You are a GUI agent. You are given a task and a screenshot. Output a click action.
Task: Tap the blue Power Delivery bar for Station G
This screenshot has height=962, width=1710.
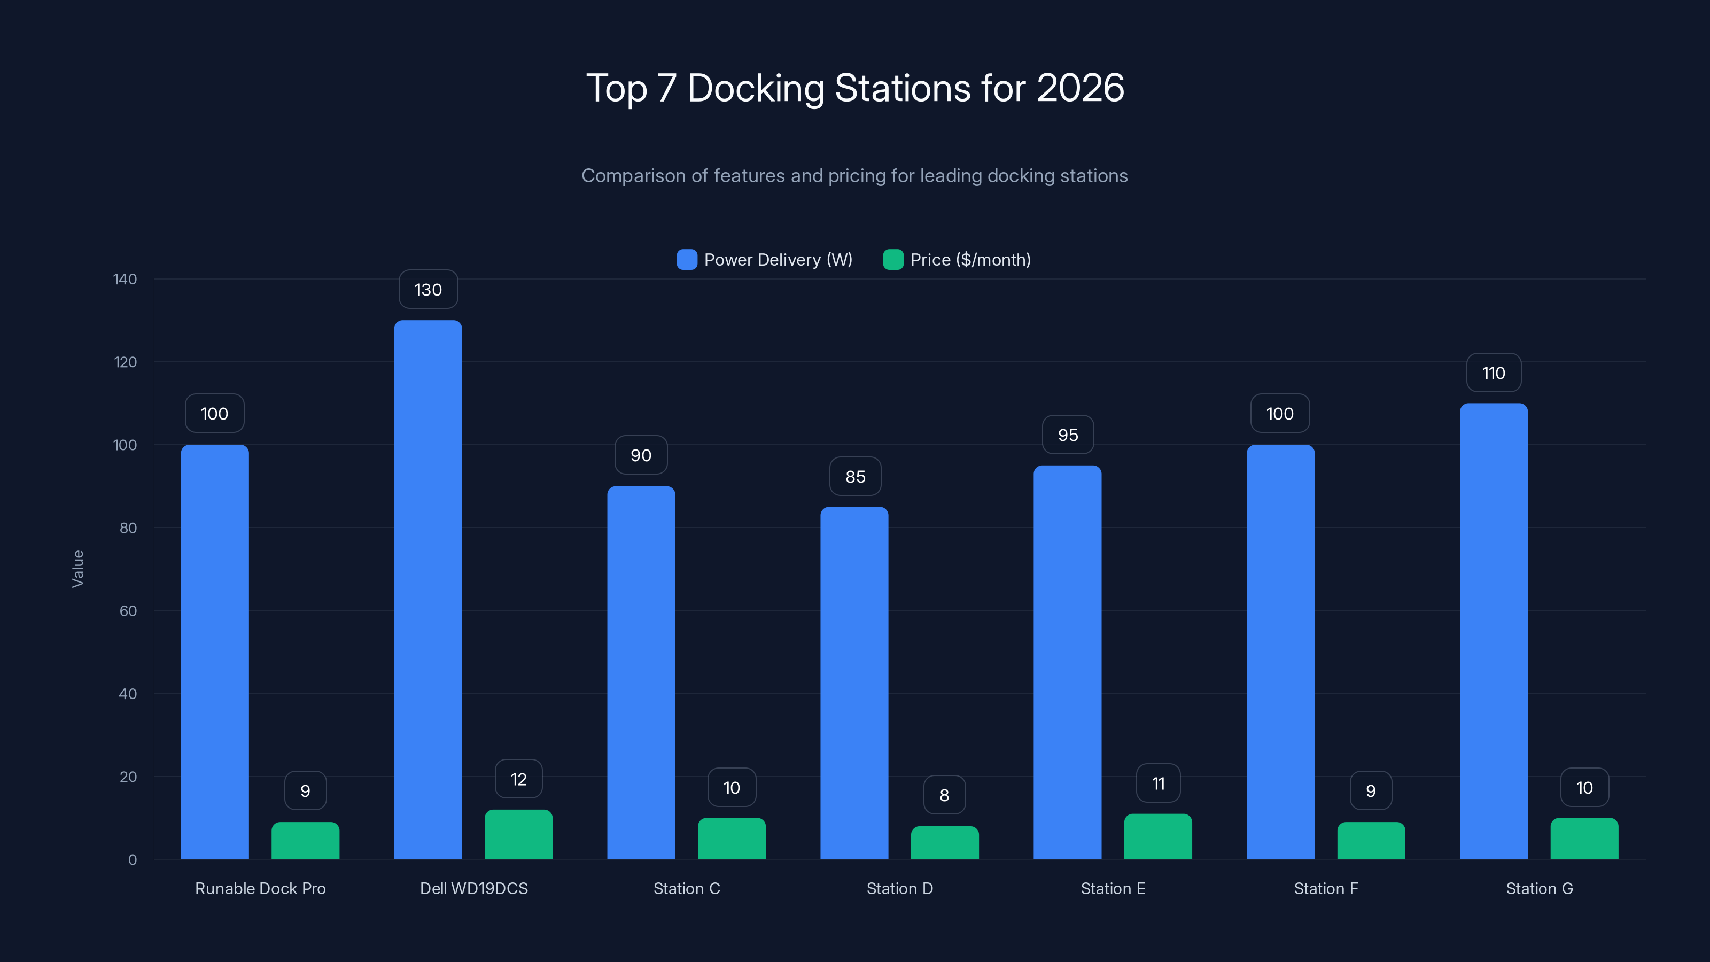1493,631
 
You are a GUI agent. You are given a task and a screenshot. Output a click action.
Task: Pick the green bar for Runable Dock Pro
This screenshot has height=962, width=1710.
305,841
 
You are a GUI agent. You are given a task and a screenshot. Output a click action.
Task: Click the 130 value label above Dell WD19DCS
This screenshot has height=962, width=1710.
428,290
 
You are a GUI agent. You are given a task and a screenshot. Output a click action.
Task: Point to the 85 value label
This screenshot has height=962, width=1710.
855,477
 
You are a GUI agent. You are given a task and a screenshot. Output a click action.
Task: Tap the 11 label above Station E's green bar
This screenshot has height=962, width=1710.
1157,784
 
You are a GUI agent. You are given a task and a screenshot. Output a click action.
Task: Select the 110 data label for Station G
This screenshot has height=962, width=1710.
1493,373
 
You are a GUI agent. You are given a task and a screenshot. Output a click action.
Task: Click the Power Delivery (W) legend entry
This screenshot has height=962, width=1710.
764,260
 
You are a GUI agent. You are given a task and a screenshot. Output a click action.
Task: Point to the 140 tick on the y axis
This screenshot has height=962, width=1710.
125,279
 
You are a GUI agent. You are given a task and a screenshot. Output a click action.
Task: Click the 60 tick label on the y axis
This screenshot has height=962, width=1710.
128,611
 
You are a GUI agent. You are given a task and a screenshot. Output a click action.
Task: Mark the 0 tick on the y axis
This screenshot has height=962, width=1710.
132,860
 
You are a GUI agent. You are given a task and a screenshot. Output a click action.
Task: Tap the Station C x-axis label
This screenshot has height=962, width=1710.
686,888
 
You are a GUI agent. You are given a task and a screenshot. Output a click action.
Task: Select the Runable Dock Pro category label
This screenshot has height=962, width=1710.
260,888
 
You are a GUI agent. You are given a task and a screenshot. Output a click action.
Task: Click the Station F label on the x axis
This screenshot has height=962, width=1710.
1326,888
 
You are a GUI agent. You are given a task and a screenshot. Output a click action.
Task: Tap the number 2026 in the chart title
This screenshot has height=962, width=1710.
1080,88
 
